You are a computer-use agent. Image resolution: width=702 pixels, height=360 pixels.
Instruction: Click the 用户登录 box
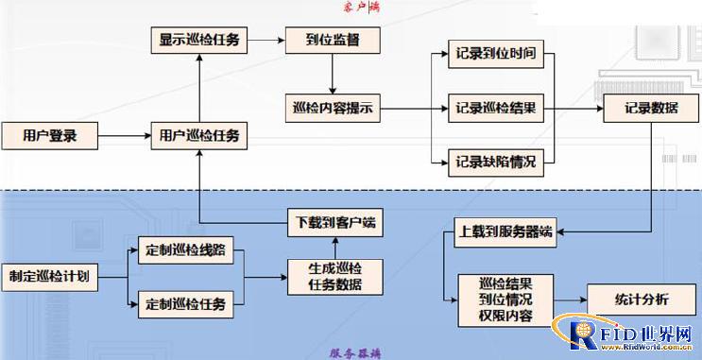point(49,135)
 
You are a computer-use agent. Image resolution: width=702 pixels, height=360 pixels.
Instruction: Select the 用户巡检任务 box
point(199,136)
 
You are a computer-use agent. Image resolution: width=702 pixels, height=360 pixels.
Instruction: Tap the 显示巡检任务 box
point(199,41)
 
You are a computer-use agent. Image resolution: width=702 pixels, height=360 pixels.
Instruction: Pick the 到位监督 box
point(332,41)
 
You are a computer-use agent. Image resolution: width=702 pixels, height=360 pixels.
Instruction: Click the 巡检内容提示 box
point(332,109)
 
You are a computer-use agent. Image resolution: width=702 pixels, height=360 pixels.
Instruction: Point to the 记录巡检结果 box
point(495,109)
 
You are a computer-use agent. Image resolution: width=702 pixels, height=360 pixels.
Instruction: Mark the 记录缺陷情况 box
point(495,163)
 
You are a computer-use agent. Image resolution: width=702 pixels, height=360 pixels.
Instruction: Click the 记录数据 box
point(651,109)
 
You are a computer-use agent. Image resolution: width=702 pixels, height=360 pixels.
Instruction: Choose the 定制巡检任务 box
point(186,304)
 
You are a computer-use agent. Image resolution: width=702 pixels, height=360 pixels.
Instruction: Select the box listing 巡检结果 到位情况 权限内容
point(505,299)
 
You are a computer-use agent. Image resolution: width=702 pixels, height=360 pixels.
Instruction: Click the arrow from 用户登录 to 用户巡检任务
point(122,136)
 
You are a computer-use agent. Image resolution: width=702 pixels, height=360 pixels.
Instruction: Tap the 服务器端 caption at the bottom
point(355,352)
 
